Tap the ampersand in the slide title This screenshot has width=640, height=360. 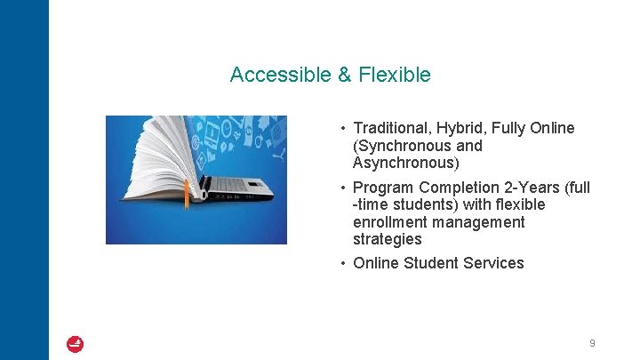(345, 75)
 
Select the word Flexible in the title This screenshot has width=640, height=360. (395, 75)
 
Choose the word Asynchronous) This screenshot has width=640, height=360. (406, 164)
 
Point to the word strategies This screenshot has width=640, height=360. (387, 240)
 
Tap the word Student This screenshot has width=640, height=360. (430, 263)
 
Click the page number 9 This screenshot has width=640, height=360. (592, 343)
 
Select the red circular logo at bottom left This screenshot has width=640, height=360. (76, 344)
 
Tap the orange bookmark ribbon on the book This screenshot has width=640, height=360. (187, 195)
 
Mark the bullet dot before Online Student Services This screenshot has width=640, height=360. (342, 263)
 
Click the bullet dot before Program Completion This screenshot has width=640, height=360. (342, 188)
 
